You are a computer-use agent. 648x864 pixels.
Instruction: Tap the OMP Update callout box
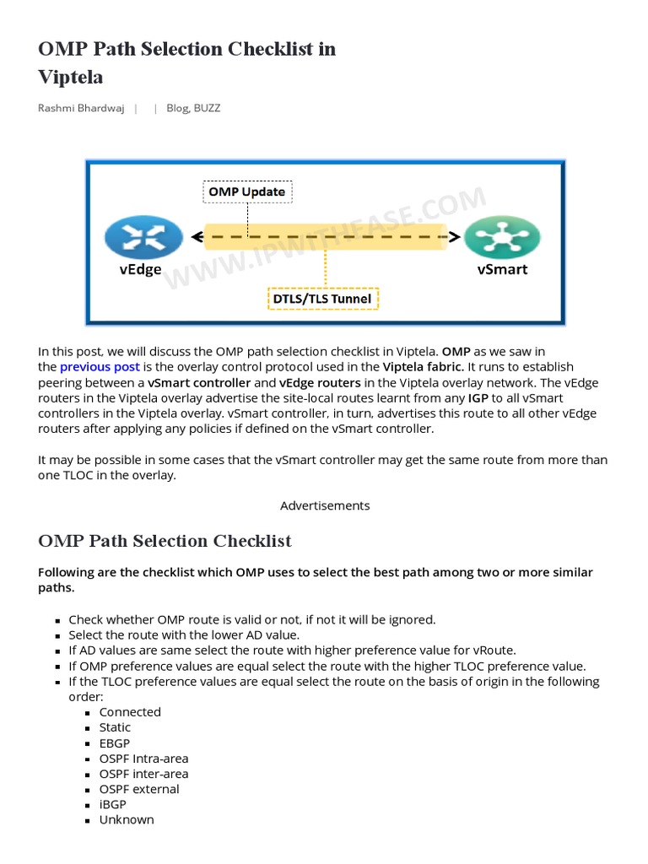point(248,192)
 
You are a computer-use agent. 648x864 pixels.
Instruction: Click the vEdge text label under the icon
point(139,270)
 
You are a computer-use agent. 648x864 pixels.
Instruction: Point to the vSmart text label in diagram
point(502,270)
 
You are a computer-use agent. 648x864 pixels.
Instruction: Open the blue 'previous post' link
point(100,367)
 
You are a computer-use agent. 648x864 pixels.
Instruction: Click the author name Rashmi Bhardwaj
point(82,108)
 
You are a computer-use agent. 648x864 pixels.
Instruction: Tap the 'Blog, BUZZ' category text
point(193,108)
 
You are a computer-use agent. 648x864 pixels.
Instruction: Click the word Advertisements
point(325,505)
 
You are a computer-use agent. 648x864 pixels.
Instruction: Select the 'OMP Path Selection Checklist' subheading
point(165,541)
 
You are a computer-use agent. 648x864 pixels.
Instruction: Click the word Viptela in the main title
point(71,77)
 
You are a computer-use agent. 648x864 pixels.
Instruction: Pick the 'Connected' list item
point(130,712)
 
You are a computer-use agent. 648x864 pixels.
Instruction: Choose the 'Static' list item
point(115,727)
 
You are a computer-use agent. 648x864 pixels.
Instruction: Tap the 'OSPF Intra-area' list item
point(143,759)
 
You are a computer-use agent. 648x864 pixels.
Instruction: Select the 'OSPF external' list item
point(139,789)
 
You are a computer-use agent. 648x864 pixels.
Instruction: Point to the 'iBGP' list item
point(112,805)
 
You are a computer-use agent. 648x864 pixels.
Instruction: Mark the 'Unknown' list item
point(127,820)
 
